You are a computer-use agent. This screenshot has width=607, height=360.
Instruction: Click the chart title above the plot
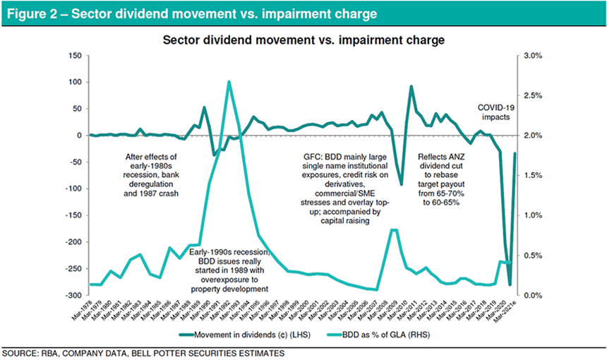pyautogui.click(x=303, y=40)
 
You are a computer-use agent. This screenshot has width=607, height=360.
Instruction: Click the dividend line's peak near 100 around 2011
pyautogui.click(x=411, y=87)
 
